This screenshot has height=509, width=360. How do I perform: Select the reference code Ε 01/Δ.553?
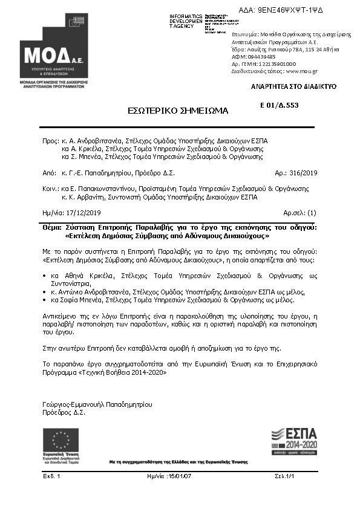coord(279,105)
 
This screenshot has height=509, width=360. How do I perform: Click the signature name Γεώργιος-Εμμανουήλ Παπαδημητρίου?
coord(97,404)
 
